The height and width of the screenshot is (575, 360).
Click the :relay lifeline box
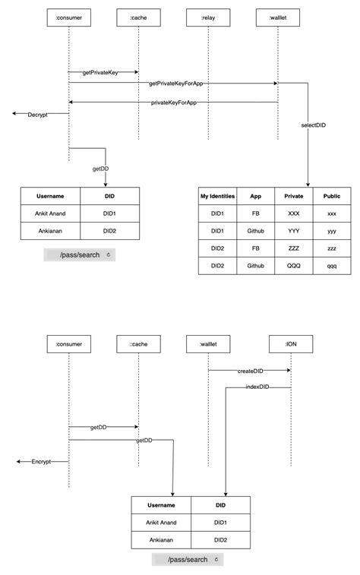click(x=208, y=16)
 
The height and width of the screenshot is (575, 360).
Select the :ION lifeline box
click(x=291, y=345)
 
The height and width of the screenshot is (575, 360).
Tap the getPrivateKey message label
click(x=103, y=73)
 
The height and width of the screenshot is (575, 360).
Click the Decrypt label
click(x=38, y=115)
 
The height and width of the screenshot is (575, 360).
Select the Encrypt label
click(x=41, y=461)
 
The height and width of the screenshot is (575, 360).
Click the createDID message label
click(x=249, y=371)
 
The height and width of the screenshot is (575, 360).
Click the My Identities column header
click(x=218, y=196)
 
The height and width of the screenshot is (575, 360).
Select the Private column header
click(x=293, y=196)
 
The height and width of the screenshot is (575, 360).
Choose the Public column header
click(x=332, y=196)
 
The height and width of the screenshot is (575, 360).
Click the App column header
click(x=256, y=196)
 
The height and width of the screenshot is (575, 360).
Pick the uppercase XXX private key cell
click(x=293, y=214)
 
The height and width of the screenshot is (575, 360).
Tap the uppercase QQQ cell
click(x=293, y=267)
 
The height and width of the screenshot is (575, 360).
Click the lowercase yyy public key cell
click(x=332, y=232)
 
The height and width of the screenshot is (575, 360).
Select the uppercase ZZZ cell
click(x=293, y=249)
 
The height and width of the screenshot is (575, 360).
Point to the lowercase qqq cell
click(x=332, y=267)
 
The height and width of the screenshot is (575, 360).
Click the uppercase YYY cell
click(x=293, y=232)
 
